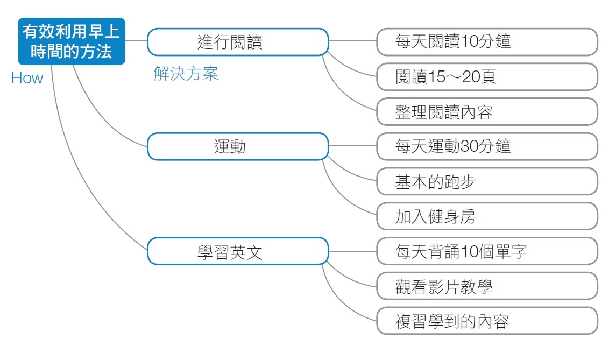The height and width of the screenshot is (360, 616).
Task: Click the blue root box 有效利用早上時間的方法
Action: click(x=72, y=41)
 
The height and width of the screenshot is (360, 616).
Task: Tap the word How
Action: click(x=27, y=78)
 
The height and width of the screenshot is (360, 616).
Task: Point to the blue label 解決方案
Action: click(x=186, y=74)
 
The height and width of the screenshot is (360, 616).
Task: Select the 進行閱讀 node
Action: click(x=238, y=42)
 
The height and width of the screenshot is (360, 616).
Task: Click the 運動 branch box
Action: click(x=238, y=146)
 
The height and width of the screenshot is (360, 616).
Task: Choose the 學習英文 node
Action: click(x=238, y=251)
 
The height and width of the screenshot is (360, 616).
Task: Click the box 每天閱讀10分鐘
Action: click(x=487, y=41)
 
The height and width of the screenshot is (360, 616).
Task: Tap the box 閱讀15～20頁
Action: click(x=487, y=76)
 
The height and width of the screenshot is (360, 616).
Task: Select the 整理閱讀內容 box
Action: click(x=487, y=111)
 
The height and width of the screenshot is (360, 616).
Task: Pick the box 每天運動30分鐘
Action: click(x=487, y=146)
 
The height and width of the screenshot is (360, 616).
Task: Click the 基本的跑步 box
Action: click(x=487, y=181)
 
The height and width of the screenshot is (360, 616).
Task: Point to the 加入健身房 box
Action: click(x=487, y=216)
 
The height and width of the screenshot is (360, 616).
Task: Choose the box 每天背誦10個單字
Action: click(x=487, y=251)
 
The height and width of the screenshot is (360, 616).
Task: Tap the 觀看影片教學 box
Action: click(x=487, y=286)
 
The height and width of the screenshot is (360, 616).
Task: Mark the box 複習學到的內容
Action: click(x=487, y=321)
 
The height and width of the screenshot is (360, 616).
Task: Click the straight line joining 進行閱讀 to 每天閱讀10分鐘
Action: click(x=352, y=40)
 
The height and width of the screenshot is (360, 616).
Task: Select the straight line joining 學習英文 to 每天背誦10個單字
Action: click(x=352, y=251)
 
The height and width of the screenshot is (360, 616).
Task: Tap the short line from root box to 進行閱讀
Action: click(x=136, y=40)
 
